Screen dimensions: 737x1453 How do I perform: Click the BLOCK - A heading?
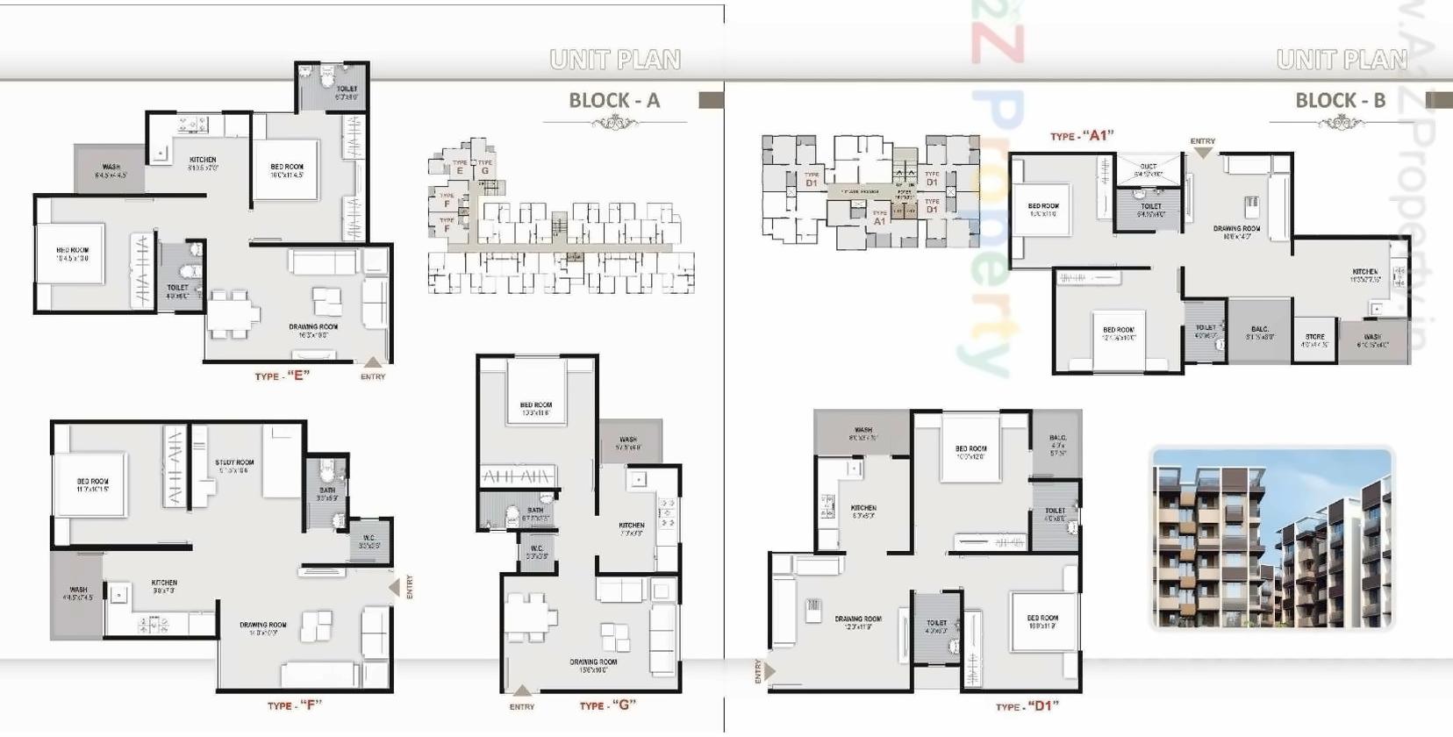click(613, 101)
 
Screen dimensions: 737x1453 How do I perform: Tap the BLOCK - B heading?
click(1340, 101)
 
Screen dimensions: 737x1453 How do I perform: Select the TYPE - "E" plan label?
click(282, 376)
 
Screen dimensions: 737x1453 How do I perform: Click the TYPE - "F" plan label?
click(294, 705)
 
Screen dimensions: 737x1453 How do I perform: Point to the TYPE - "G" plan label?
click(607, 705)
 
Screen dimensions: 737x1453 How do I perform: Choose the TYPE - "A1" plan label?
click(1081, 136)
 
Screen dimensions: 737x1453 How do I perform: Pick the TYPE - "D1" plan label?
click(1027, 706)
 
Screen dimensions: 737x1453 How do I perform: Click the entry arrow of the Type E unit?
click(373, 362)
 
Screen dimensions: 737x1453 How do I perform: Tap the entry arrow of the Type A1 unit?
click(1203, 152)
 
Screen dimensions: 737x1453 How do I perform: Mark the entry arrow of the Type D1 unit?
click(769, 671)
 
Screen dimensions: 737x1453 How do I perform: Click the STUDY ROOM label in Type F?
click(234, 462)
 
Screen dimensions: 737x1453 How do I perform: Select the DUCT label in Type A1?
click(1149, 166)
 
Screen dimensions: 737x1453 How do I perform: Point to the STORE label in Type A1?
click(1314, 337)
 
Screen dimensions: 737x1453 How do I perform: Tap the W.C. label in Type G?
click(536, 549)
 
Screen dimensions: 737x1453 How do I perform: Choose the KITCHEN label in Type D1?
click(863, 508)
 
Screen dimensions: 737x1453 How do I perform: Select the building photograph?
click(1271, 538)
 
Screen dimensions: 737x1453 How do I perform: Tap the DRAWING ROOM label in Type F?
click(263, 626)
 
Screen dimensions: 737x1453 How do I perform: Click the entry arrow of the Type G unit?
click(522, 691)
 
